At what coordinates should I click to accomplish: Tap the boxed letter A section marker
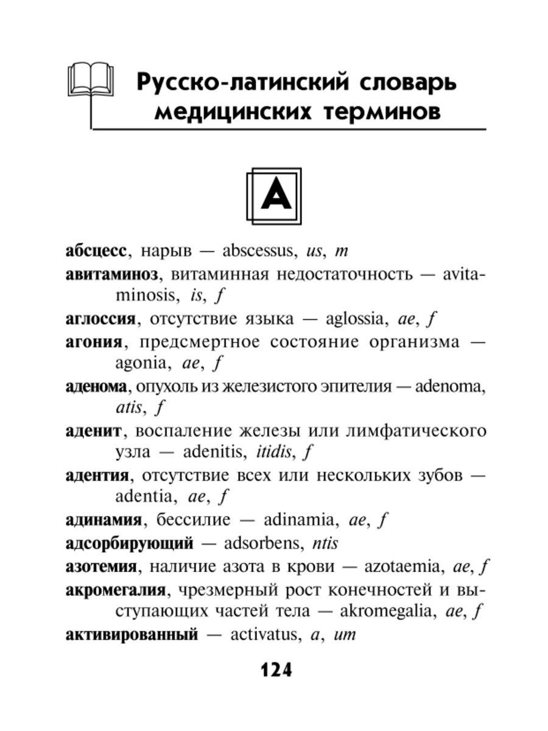coord(273,194)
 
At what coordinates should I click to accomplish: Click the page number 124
coord(276,670)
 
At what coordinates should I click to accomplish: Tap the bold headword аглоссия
coord(101,319)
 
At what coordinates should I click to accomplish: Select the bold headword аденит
coord(93,431)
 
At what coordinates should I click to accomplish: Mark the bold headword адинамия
coord(104,521)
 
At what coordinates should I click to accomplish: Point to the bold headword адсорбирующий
coord(129,543)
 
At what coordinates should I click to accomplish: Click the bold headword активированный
coord(132,635)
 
